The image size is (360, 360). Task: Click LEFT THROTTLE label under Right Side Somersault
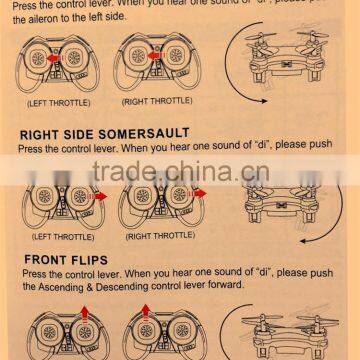pyautogui.click(x=64, y=236)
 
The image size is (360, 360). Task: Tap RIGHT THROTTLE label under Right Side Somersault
pyautogui.click(x=160, y=236)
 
